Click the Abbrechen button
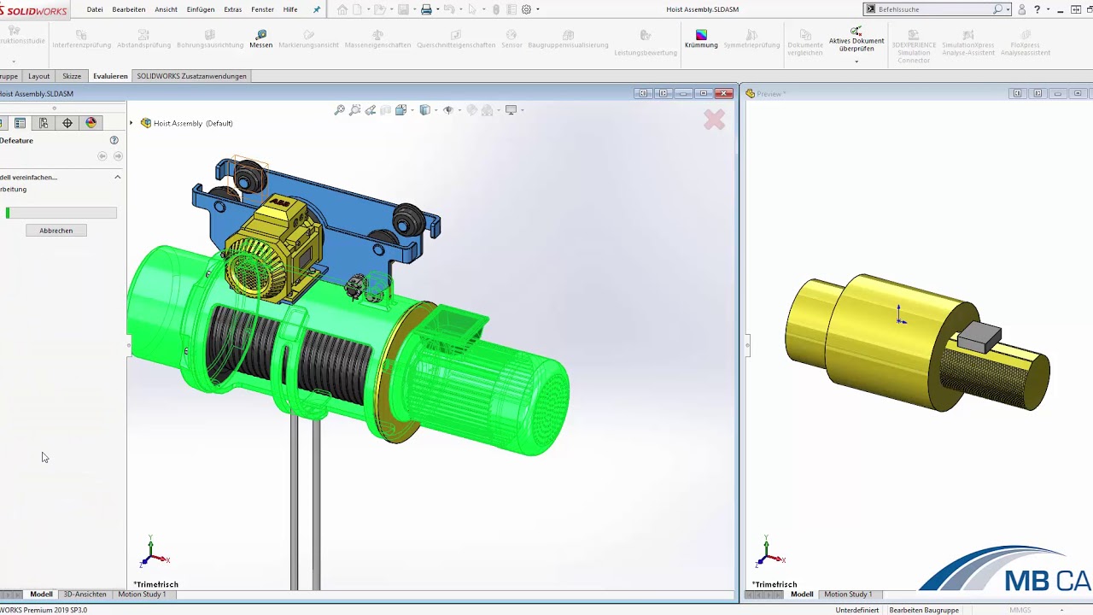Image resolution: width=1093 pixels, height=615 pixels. (x=56, y=231)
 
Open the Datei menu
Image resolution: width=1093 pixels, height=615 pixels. (x=95, y=9)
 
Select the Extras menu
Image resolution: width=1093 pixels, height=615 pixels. (x=232, y=9)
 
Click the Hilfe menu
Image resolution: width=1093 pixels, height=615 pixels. (x=290, y=9)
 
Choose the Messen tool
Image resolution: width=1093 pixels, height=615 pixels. (x=261, y=39)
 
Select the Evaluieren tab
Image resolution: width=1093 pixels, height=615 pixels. (x=110, y=76)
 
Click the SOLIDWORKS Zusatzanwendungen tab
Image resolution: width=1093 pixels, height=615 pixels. (x=191, y=76)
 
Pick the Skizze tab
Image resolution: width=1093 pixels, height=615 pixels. (x=72, y=76)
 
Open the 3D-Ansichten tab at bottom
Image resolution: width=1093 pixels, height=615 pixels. (x=85, y=594)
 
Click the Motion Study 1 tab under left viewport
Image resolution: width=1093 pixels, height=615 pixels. (x=142, y=594)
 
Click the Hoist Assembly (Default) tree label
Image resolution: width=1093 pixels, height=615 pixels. (x=192, y=123)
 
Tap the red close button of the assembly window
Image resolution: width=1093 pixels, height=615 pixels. (x=724, y=93)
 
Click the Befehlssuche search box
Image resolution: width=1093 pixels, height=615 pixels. (x=934, y=9)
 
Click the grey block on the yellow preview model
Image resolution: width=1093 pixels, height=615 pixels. (x=978, y=337)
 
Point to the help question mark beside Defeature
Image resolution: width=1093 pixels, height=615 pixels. (x=114, y=140)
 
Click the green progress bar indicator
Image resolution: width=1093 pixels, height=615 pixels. (x=8, y=213)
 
